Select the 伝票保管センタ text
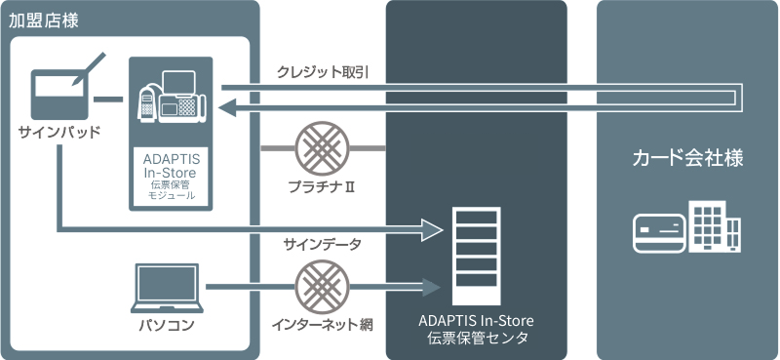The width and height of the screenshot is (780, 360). (x=476, y=339)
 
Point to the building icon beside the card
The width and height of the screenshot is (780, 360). (x=715, y=226)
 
